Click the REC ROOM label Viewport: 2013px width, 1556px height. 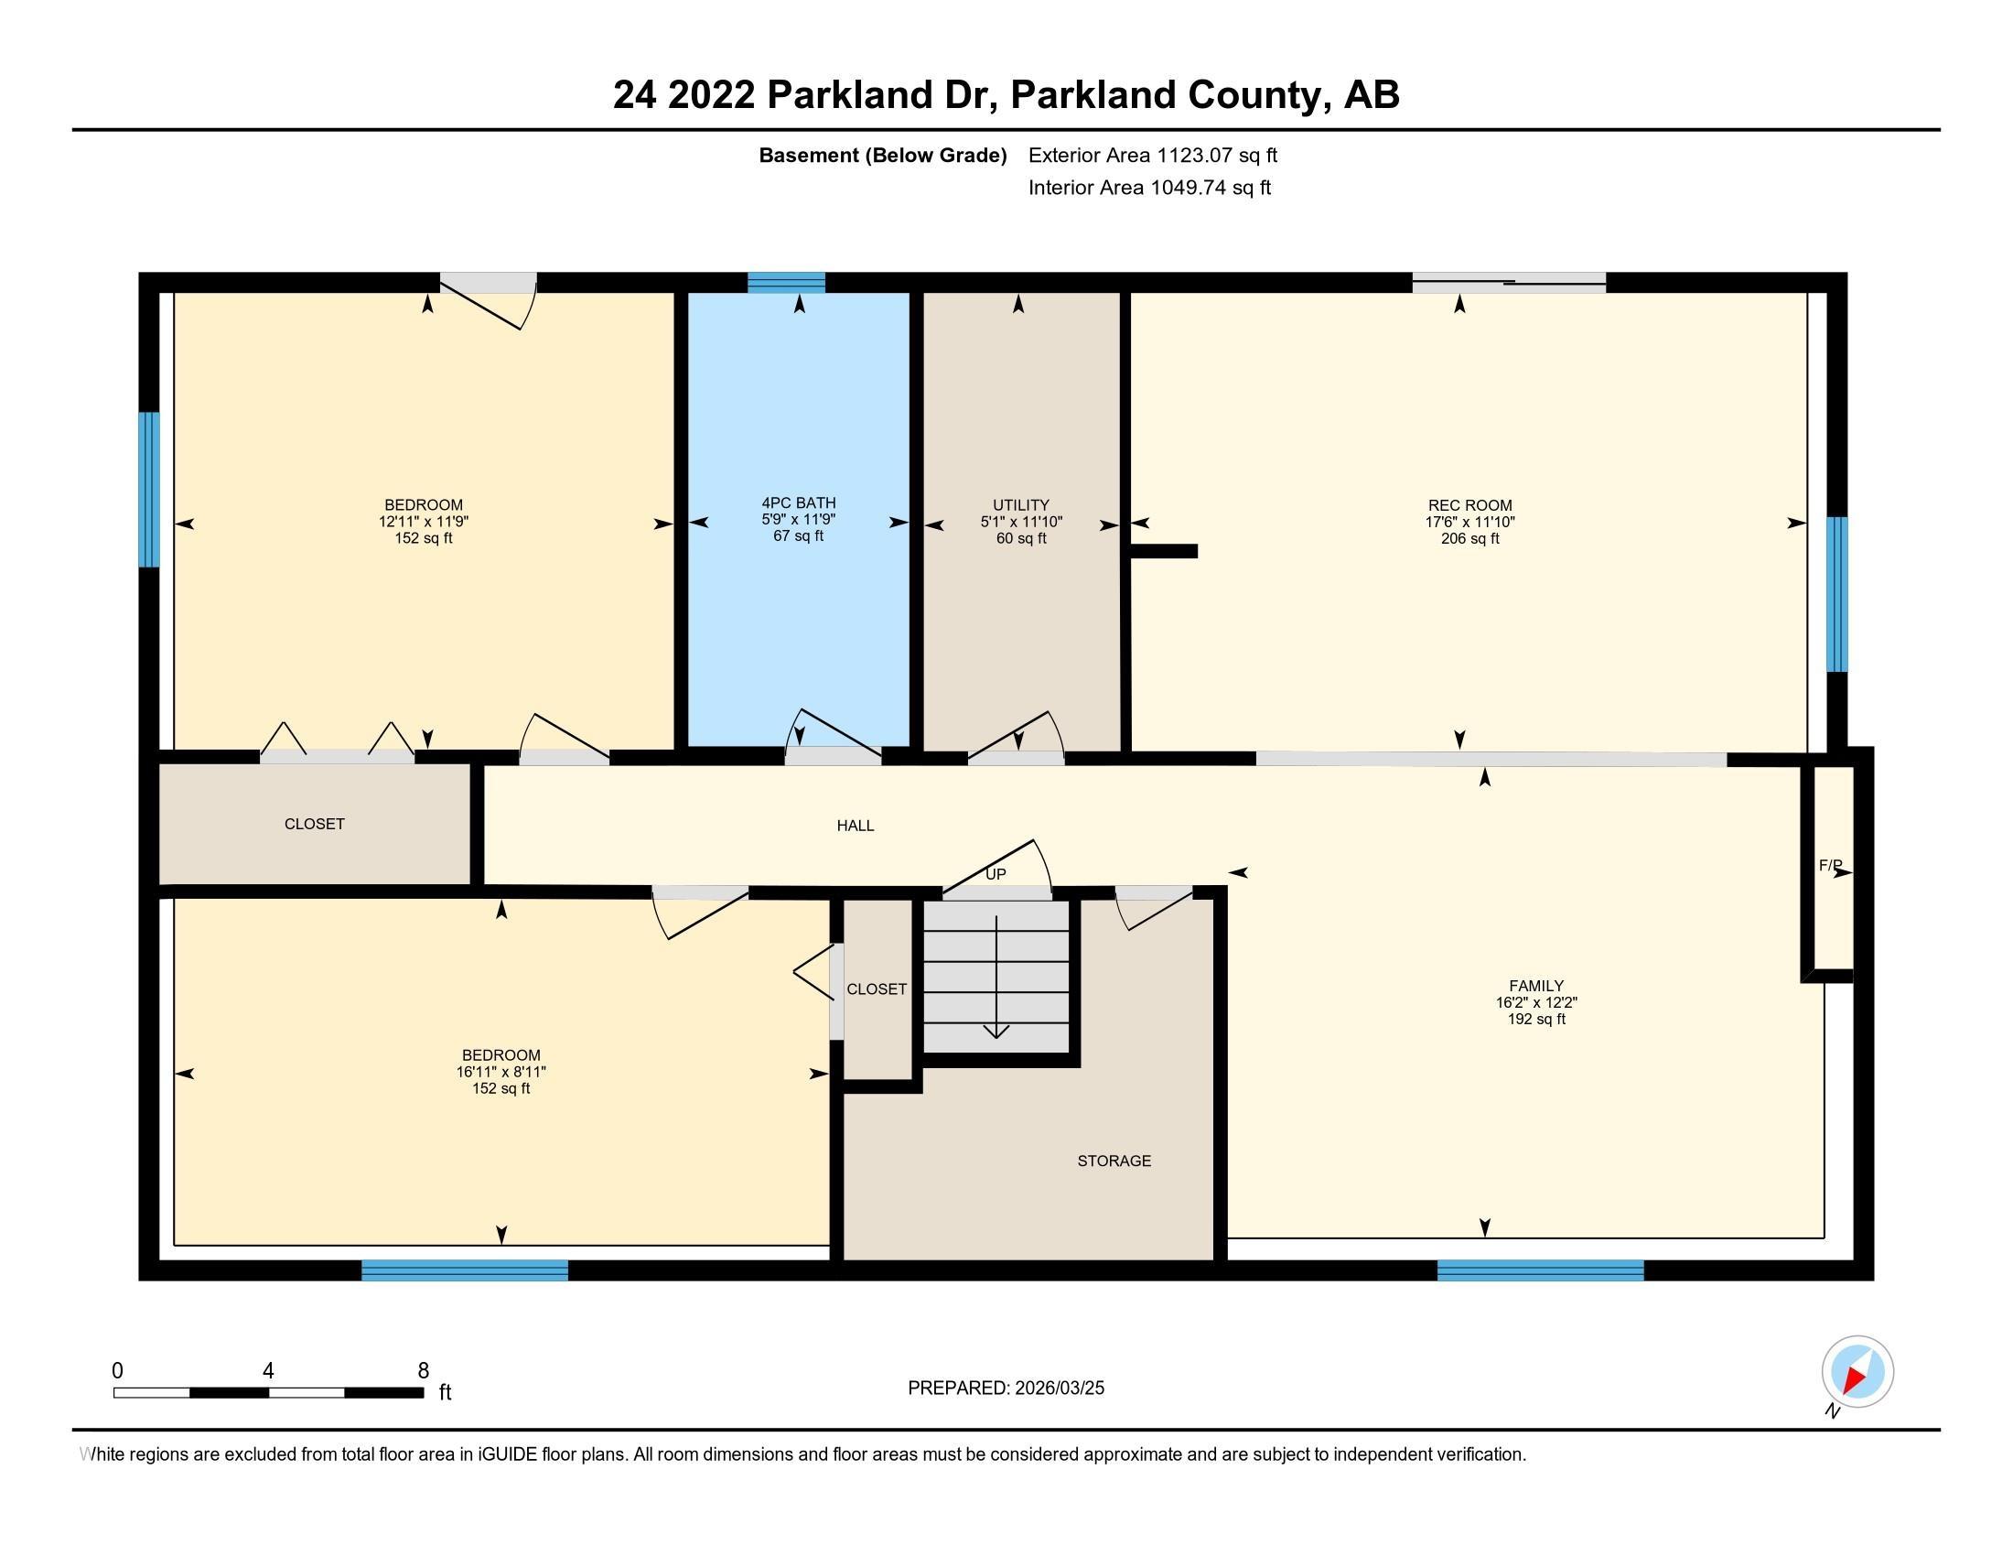pos(1469,505)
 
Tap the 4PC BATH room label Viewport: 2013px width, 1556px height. pos(798,502)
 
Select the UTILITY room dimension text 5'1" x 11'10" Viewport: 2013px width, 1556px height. pos(1020,522)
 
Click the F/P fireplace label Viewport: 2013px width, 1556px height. pos(1830,866)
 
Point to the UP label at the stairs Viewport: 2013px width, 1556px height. pos(996,874)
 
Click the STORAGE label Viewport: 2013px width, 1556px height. pos(1114,1161)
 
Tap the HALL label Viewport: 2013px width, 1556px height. pos(855,826)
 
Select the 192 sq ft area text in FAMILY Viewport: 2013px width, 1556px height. pos(1535,1020)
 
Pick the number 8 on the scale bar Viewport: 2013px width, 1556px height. pos(423,1371)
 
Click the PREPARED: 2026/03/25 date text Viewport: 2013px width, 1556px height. pos(1006,1389)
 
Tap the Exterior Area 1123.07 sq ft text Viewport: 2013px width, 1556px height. pos(1152,155)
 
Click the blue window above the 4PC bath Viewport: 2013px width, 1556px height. pos(785,282)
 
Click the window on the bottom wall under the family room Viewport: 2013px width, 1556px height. pos(1539,1270)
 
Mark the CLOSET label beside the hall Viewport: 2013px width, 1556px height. pos(314,824)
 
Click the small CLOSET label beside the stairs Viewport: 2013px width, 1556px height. pos(877,989)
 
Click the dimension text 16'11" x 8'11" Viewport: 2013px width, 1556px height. pos(501,1072)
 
